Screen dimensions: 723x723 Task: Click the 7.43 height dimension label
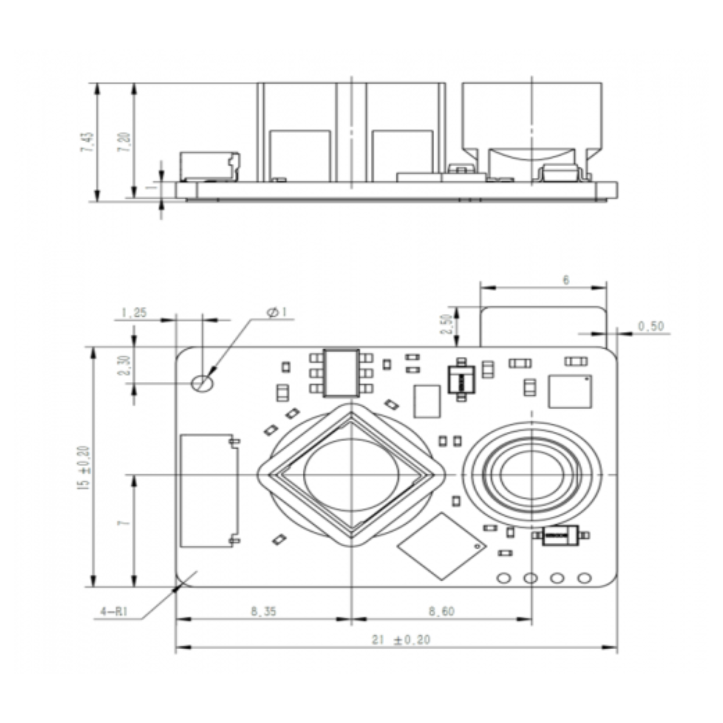click(x=87, y=142)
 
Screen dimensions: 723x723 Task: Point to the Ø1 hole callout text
click(x=277, y=312)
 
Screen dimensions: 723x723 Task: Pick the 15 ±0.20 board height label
click(x=84, y=468)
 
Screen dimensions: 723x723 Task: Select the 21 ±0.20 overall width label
click(x=401, y=640)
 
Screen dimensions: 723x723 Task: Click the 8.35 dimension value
click(x=264, y=611)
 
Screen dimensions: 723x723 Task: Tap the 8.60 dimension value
click(x=442, y=611)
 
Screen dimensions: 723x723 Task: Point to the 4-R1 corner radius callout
click(x=114, y=612)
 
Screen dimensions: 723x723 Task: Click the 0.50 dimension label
click(x=651, y=326)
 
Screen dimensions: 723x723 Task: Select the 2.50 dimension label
click(x=447, y=324)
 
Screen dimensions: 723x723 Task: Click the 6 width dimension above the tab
click(x=566, y=280)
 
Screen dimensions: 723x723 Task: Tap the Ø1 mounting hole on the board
click(x=202, y=383)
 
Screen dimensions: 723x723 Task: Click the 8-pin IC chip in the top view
click(x=341, y=373)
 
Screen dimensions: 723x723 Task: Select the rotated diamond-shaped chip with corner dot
click(x=442, y=546)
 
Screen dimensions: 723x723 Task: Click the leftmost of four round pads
click(x=504, y=577)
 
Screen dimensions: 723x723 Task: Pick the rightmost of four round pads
click(x=584, y=577)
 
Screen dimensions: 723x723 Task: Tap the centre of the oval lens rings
click(x=532, y=475)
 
